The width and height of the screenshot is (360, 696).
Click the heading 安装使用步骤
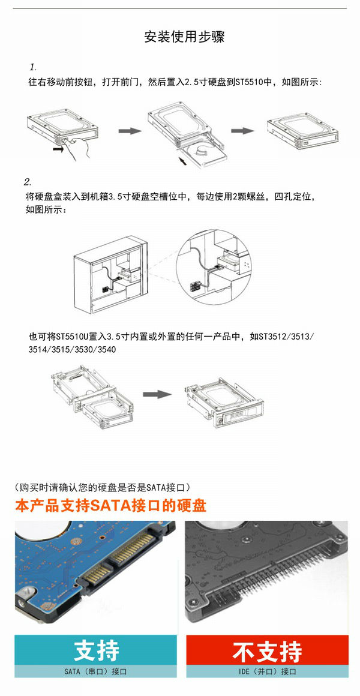pyautogui.click(x=184, y=37)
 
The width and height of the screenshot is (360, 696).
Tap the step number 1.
pyautogui.click(x=33, y=67)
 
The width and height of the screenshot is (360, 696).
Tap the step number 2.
pyautogui.click(x=28, y=182)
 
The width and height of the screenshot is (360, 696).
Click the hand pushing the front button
pyautogui.click(x=78, y=148)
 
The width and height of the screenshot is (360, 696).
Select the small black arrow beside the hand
pyautogui.click(x=59, y=150)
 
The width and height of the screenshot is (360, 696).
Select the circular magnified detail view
pyautogui.click(x=214, y=267)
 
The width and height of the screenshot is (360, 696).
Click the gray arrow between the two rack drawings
pyautogui.click(x=157, y=394)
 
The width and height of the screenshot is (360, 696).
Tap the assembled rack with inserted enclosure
pyautogui.click(x=223, y=401)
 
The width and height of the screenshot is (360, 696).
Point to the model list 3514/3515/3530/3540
pyautogui.click(x=72, y=349)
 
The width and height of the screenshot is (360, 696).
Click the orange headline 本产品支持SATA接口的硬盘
pyautogui.click(x=110, y=506)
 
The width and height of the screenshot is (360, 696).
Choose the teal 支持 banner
pyautogui.click(x=96, y=652)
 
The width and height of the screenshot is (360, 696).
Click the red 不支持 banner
pyautogui.click(x=267, y=652)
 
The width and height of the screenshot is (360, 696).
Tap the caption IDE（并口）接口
pyautogui.click(x=267, y=672)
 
